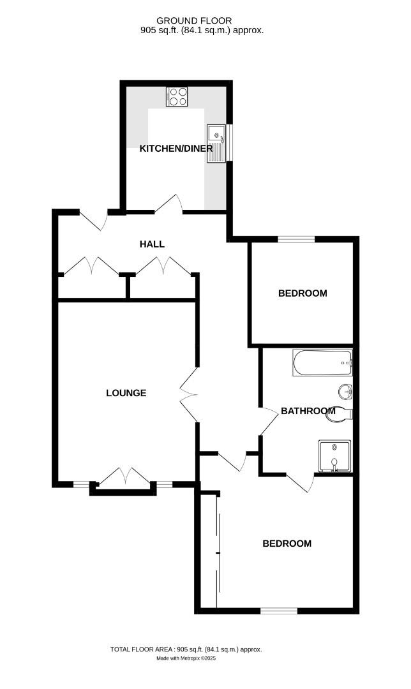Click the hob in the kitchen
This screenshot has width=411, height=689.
click(x=177, y=96)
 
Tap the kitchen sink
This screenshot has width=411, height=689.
click(x=217, y=143)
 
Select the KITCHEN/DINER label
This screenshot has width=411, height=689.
click(x=176, y=149)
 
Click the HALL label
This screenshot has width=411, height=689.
click(x=152, y=244)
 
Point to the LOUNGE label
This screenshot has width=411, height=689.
click(x=126, y=393)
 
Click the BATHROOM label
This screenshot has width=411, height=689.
click(x=308, y=411)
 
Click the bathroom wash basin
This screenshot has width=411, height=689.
click(x=345, y=390)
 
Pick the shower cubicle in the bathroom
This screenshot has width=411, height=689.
click(x=334, y=457)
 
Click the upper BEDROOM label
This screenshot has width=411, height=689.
click(x=303, y=293)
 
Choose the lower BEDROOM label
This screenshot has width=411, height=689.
click(x=287, y=544)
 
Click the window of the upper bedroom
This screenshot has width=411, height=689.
click(x=297, y=240)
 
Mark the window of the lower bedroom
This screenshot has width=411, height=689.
click(x=279, y=611)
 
